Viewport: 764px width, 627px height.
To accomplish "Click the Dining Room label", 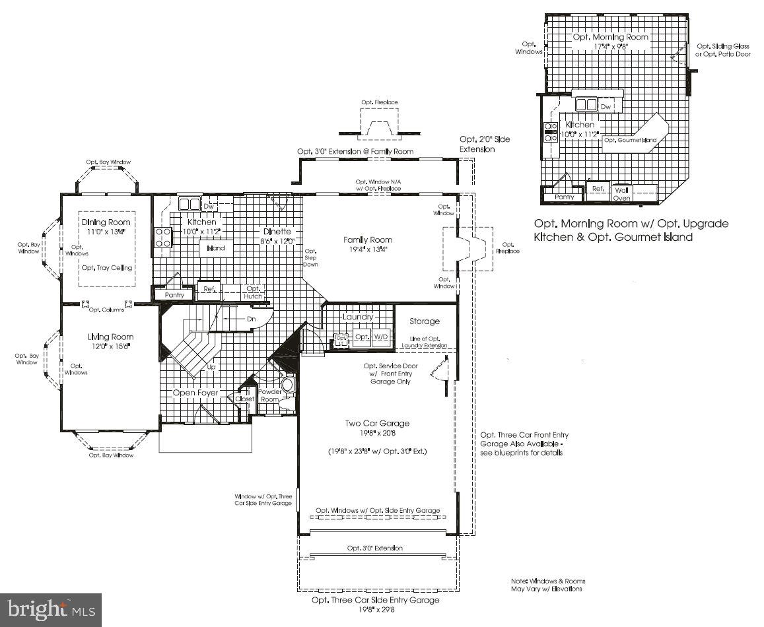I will pyautogui.click(x=106, y=222).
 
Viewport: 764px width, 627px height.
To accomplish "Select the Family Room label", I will pyautogui.click(x=367, y=240).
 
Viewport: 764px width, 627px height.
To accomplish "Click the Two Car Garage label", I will pyautogui.click(x=376, y=423).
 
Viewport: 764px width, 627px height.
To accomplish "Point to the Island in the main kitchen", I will pyautogui.click(x=216, y=248).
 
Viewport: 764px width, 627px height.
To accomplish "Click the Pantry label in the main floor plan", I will pyautogui.click(x=174, y=295).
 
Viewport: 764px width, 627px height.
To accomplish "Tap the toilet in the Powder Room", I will pyautogui.click(x=287, y=385).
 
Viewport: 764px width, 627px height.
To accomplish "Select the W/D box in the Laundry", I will pyautogui.click(x=382, y=337).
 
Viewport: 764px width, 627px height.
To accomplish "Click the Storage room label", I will pyautogui.click(x=424, y=321).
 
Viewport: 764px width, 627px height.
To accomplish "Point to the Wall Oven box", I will pyautogui.click(x=622, y=193).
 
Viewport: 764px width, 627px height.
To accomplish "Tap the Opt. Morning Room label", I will pyautogui.click(x=610, y=38).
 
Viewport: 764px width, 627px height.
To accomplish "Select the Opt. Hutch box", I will pyautogui.click(x=253, y=292).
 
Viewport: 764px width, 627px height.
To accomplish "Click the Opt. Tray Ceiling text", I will pyautogui.click(x=106, y=268).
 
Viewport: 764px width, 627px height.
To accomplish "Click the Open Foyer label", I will pyautogui.click(x=195, y=393).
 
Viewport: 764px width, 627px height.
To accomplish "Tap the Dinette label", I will pyautogui.click(x=277, y=232).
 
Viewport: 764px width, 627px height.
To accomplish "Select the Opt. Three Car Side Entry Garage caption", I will pyautogui.click(x=376, y=600).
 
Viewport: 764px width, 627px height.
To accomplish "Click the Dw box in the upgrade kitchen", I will pyautogui.click(x=606, y=106).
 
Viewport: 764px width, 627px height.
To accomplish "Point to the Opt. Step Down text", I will pyautogui.click(x=310, y=257).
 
